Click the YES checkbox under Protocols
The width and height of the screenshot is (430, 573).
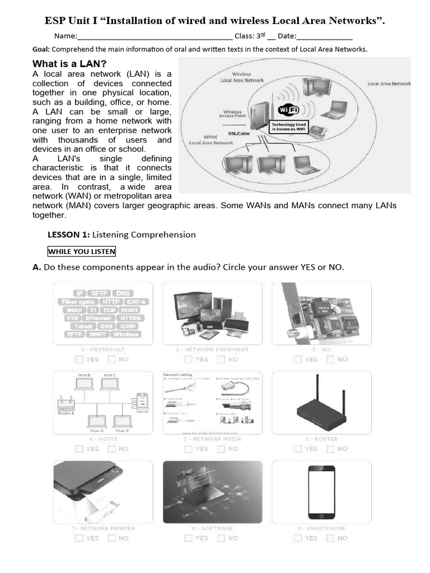click(x=79, y=359)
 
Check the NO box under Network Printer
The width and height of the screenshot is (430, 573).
click(x=112, y=538)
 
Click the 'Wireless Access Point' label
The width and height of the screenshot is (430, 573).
click(x=232, y=114)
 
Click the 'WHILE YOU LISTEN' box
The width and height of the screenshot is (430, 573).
click(x=82, y=251)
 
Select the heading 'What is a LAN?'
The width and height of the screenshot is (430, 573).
click(x=69, y=63)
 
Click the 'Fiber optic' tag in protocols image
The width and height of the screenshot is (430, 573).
click(x=78, y=302)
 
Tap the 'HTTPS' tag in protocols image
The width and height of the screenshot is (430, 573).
click(x=129, y=318)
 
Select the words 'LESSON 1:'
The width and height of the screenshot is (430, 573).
click(x=68, y=234)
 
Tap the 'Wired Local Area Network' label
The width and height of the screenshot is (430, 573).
click(x=211, y=139)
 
